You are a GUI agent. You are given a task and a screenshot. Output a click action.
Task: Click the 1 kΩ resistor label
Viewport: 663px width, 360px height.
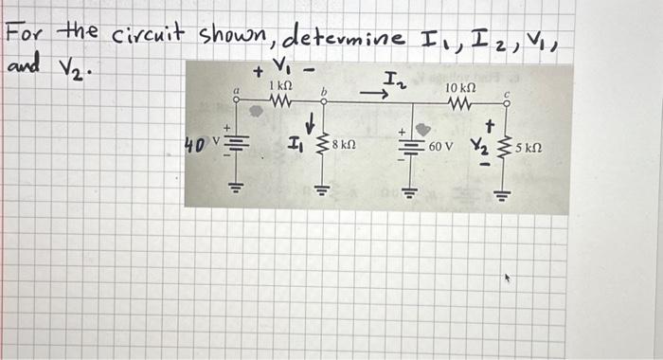[x=280, y=85]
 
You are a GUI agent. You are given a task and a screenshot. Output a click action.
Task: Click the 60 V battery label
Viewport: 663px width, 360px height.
[x=442, y=148]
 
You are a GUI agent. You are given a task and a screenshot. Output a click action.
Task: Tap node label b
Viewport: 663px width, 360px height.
[x=324, y=92]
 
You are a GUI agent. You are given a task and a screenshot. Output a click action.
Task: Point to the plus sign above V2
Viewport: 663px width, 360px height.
[x=491, y=123]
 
